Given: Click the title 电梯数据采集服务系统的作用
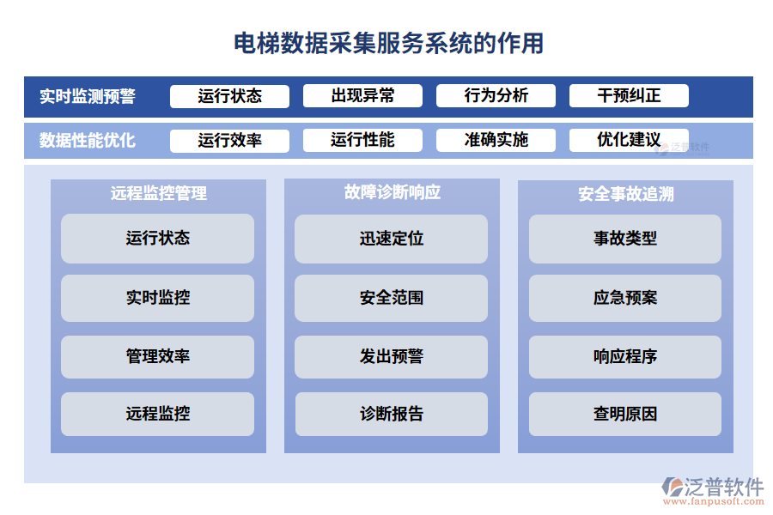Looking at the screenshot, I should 388,43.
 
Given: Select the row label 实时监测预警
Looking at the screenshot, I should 87,96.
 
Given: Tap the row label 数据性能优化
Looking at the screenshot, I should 87,140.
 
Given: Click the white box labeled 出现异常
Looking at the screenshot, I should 362,96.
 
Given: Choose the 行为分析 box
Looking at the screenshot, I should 496,96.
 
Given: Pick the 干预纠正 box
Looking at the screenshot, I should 629,96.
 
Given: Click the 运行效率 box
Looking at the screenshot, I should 229,140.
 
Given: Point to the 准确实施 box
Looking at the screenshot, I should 496,140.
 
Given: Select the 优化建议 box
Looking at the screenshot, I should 629,140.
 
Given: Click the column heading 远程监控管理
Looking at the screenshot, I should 158,194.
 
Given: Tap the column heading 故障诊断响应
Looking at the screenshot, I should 392,192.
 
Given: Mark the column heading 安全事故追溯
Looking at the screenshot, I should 625,194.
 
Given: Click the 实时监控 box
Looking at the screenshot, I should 158,298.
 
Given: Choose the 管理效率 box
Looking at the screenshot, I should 158,356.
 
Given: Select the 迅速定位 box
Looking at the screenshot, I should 392,239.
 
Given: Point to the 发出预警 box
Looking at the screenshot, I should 392,356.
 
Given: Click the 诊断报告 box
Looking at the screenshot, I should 392,414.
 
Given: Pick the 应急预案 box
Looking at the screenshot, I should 625,298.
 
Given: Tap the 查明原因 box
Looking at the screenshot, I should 625,414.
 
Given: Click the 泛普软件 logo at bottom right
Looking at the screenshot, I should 712,490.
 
